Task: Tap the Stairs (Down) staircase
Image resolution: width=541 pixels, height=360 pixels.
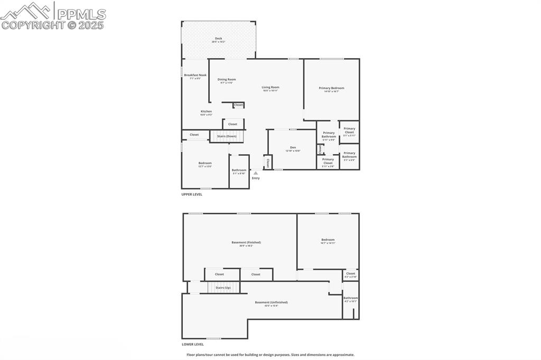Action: pyautogui.click(x=227, y=136)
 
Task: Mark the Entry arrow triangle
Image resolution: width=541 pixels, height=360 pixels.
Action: pyautogui.click(x=256, y=173)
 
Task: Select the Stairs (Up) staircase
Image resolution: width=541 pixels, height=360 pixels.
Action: pyautogui.click(x=223, y=288)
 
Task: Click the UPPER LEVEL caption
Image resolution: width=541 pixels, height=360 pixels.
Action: pyautogui.click(x=192, y=194)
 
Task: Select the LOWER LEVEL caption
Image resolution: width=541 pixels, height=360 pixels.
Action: pyautogui.click(x=192, y=344)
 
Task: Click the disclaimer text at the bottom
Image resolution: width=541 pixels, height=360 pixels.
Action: pyautogui.click(x=270, y=355)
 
